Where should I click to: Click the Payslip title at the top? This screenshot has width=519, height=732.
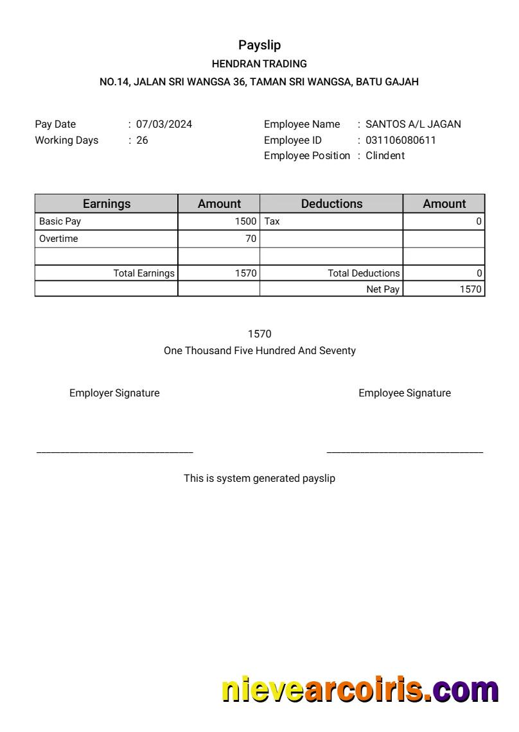coord(259,45)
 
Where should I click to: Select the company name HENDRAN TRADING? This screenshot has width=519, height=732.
coord(259,64)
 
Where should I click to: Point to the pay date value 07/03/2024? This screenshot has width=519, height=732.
coord(164,124)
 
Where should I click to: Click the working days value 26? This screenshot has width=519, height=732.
coord(142,140)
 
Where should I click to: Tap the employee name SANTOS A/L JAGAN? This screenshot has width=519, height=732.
coord(413,124)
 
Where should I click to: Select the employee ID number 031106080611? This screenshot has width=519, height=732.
coord(400,140)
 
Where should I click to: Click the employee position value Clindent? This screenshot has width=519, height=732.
coord(385,155)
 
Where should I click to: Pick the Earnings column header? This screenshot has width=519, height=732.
coord(107,203)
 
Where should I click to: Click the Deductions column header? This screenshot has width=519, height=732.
coord(331,203)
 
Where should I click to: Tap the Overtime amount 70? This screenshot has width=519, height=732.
coord(251,239)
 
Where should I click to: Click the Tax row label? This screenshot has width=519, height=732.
coord(272,221)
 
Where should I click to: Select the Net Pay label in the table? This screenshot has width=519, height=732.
coord(383,289)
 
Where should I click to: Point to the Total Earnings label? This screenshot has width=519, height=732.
coord(144,273)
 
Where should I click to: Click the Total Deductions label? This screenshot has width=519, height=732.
coord(364,273)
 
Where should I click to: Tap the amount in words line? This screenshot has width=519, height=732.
coord(259,351)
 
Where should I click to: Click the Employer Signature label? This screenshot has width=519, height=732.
coord(114,393)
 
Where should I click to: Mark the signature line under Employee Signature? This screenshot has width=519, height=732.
coord(405,452)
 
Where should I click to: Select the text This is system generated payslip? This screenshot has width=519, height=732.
coord(259,479)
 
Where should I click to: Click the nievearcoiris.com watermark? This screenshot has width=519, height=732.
coord(360,690)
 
